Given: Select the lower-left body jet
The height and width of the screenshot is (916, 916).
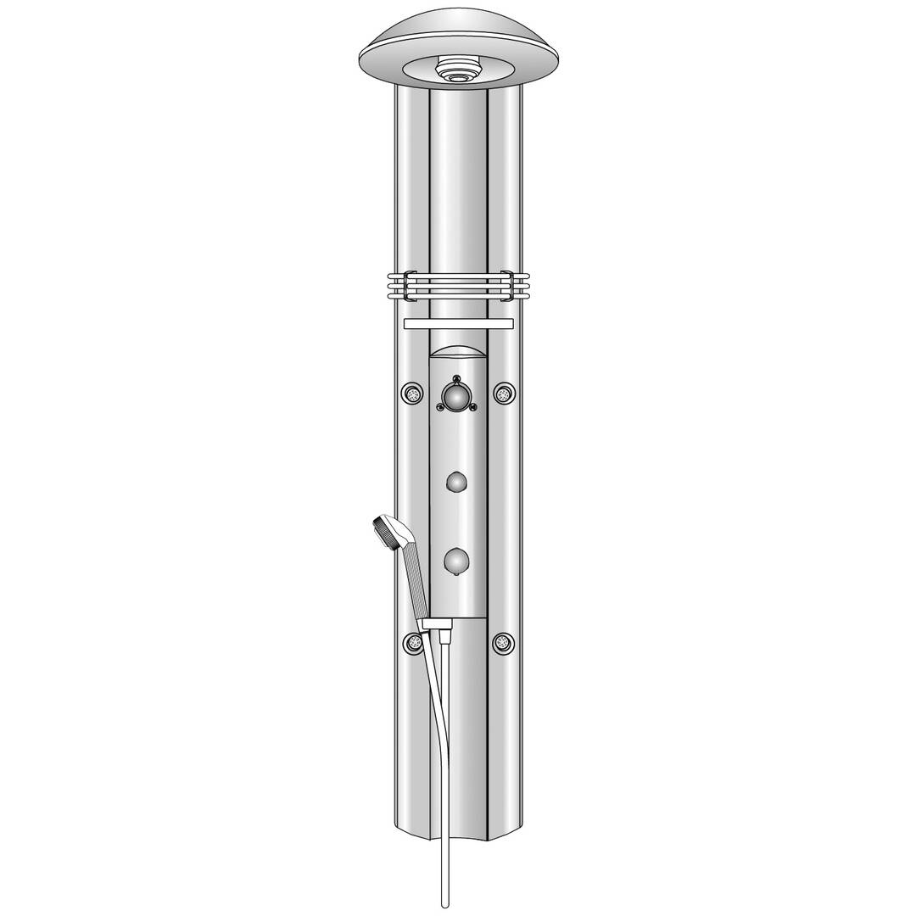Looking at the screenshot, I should (413, 642).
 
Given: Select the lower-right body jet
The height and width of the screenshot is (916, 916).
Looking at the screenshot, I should (505, 642).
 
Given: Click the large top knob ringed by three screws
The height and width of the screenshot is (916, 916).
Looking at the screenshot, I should (458, 395).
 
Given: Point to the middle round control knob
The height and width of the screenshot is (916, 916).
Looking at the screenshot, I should (458, 483).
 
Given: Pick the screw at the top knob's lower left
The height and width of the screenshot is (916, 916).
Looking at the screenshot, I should (440, 408).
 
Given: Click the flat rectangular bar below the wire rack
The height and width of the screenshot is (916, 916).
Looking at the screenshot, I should (458, 324).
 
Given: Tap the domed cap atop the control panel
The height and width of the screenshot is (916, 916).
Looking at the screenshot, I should (458, 353).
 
